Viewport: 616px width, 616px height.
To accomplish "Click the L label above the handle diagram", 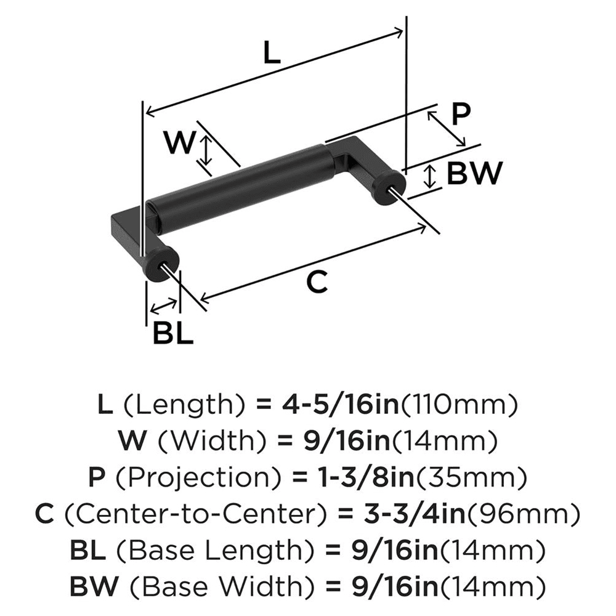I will (x=272, y=54).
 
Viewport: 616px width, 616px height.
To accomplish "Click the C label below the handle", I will (x=317, y=283).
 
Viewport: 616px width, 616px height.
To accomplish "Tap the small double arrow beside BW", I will (x=431, y=177).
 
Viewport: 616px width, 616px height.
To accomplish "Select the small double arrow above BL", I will (x=163, y=306).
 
